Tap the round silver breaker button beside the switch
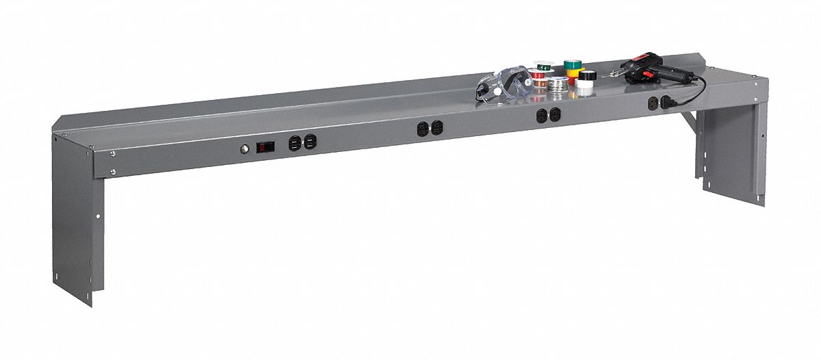[x=244, y=147]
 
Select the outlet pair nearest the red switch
[x=302, y=142]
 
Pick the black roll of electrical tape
[x=588, y=75]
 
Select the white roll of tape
[x=584, y=85]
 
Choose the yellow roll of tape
[x=575, y=73]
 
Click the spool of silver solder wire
[x=558, y=83]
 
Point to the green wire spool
[x=544, y=67]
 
